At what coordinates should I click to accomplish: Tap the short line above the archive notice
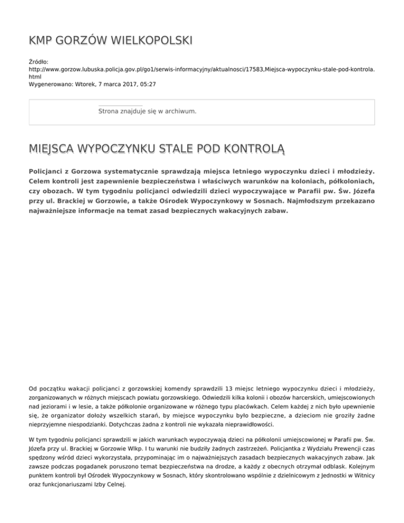point(120,106)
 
